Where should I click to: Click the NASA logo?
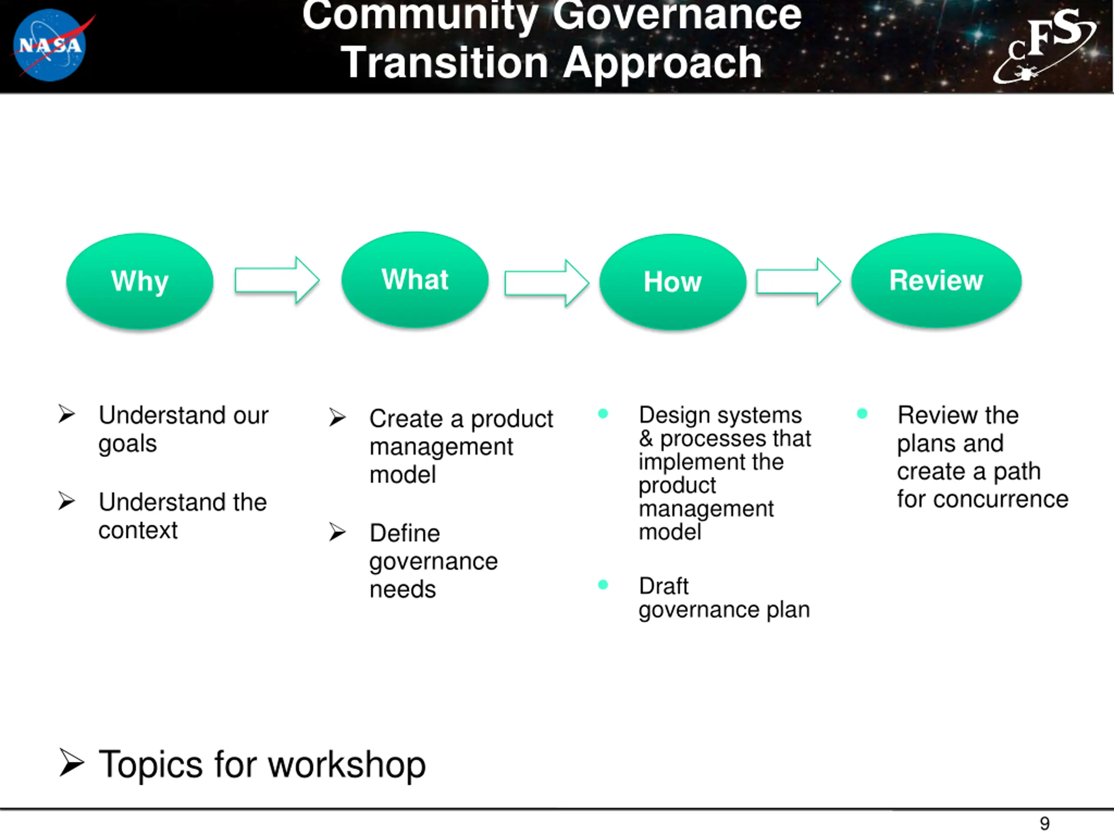(50, 45)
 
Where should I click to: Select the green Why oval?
(140, 281)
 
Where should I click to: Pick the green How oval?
(673, 282)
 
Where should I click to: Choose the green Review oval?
(936, 281)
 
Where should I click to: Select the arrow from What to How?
(547, 283)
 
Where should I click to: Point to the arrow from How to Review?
(798, 281)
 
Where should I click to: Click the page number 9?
(1044, 823)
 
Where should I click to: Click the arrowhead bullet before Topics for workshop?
(71, 762)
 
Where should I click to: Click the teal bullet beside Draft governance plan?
(603, 584)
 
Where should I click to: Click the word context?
(138, 530)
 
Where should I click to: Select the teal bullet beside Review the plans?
(862, 414)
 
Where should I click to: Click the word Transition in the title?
(445, 63)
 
